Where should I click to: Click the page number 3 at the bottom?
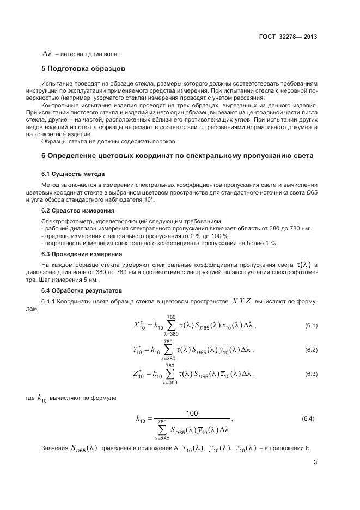[315, 463]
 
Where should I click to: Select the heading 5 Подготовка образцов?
[83, 69]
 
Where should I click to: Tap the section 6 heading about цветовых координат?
[178, 156]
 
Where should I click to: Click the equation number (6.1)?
[311, 326]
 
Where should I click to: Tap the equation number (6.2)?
[311, 350]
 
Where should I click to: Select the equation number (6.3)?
[311, 374]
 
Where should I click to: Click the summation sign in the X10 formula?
[170, 326]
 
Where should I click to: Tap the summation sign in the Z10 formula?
[170, 374]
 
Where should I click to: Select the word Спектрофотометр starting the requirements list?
[68, 221]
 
